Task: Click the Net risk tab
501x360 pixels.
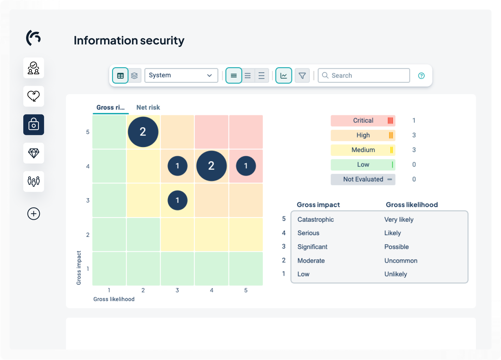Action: point(148,108)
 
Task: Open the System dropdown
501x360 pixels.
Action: point(181,75)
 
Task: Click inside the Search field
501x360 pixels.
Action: point(367,75)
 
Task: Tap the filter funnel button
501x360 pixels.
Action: point(302,75)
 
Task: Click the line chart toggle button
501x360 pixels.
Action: point(284,75)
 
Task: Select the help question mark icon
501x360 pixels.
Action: point(421,76)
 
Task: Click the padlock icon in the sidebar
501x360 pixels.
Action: point(34,125)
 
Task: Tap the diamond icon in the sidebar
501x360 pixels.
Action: point(34,153)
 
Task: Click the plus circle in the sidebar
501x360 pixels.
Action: point(34,214)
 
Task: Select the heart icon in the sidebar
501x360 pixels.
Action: point(34,96)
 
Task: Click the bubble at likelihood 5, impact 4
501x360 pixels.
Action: point(246,166)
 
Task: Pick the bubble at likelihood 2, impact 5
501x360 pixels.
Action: point(143,132)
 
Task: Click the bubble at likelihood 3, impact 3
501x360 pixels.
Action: point(177,200)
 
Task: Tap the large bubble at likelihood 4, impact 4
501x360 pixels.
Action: point(211,166)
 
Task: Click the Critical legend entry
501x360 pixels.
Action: point(363,121)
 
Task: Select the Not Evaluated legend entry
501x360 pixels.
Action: point(363,179)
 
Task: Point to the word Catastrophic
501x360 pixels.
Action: point(315,220)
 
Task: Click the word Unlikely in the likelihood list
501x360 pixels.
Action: point(396,274)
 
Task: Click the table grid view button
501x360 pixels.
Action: point(120,75)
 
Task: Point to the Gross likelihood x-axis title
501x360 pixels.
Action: point(114,299)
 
